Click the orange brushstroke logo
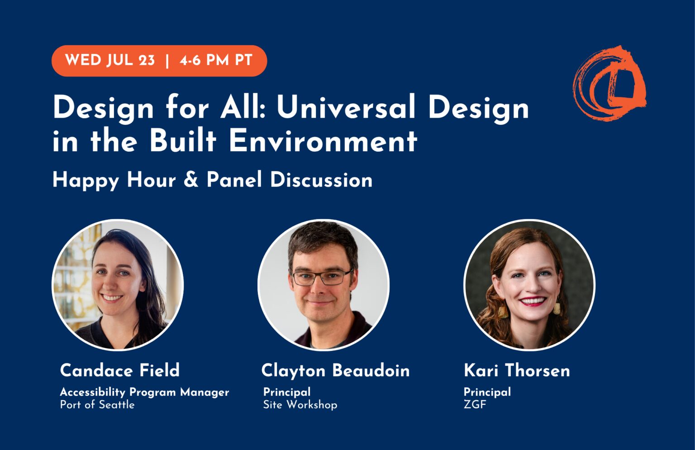coord(609,83)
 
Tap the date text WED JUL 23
coord(110,60)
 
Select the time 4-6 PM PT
coord(216,60)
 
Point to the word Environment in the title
coord(323,141)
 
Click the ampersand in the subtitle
coord(191,180)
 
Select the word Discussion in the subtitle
coord(321,180)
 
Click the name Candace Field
coord(120,370)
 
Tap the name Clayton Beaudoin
coord(335,370)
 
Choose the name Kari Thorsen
coord(517,370)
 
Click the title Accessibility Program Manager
coord(144,392)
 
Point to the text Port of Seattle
coord(97,405)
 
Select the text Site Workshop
coord(300,405)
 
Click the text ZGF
coord(475,405)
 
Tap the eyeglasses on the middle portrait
coord(321,277)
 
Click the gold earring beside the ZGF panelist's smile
coord(557,308)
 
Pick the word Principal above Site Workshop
coord(287,392)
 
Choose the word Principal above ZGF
coord(487,392)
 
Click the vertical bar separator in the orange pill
coord(167,61)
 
